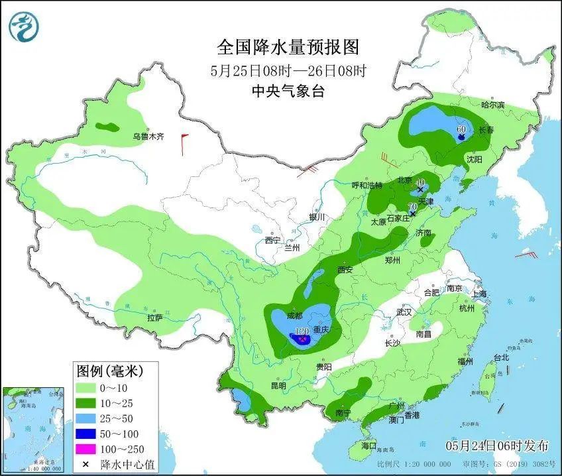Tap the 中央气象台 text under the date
point(288,92)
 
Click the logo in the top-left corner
point(24,26)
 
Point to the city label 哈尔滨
point(492,105)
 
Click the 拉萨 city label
point(155,318)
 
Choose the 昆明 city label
point(278,386)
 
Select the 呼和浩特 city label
point(366,186)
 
